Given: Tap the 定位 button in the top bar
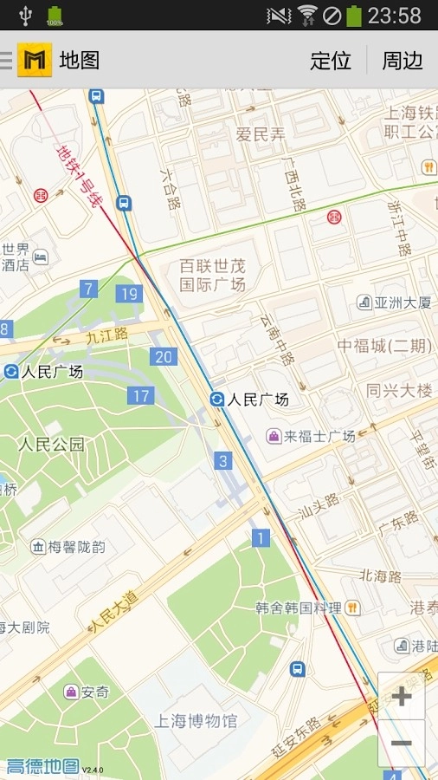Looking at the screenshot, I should coord(331,61).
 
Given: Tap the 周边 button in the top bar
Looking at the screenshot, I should coord(403,61).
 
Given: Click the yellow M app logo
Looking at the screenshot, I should coord(35,60).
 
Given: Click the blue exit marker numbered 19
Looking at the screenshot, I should coord(129,294).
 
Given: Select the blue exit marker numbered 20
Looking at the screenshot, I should coord(163,356).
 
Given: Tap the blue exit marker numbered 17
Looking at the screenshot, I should coord(141,396).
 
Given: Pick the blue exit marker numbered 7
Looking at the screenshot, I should coord(88,289).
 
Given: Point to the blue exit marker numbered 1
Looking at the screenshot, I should coord(261,538).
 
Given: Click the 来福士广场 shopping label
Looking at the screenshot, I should coord(311,436).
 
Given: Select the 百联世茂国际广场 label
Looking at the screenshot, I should coord(213,275).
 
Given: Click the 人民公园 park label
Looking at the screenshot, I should coord(52,445).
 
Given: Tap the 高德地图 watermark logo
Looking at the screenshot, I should coord(43,767).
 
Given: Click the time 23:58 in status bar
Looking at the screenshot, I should coord(394,16).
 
